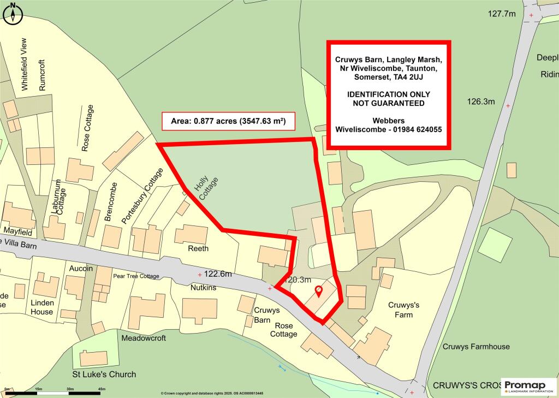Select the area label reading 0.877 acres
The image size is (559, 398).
tap(228, 121)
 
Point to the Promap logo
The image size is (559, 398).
tap(528, 387)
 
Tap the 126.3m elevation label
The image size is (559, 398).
tap(481, 102)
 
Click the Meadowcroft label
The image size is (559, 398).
tap(143, 338)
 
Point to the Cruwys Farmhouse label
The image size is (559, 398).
tap(476, 347)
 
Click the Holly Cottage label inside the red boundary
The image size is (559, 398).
tap(203, 188)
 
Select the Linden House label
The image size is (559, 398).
tap(42, 307)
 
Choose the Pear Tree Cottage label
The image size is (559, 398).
tap(136, 276)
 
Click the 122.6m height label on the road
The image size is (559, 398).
tap(218, 274)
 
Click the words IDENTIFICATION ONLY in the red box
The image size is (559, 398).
tap(388, 95)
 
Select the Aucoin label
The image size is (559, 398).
tap(81, 269)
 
